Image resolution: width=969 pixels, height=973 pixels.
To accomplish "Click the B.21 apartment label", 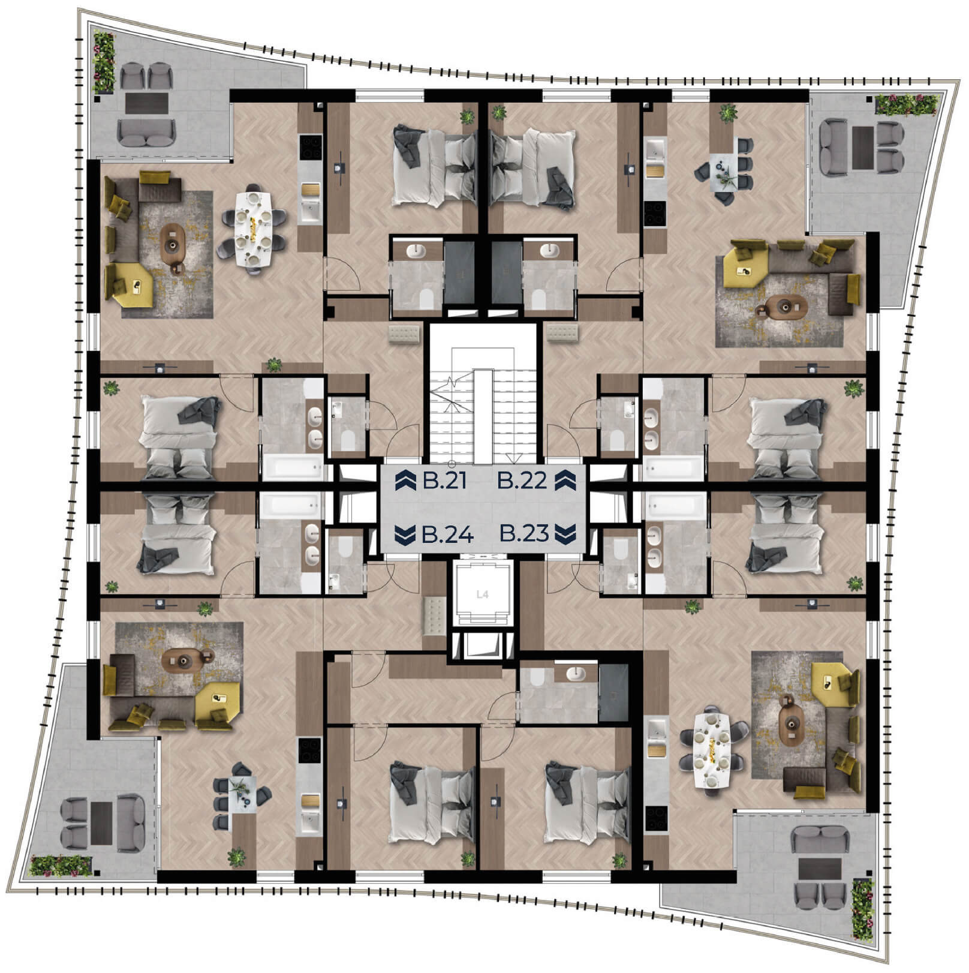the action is pos(444,481).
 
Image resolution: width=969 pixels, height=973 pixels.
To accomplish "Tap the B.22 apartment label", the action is pos(523,481).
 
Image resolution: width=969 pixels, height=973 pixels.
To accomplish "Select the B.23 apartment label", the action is pos(524,533).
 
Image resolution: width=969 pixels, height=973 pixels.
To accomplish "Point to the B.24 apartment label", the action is pos(447,534).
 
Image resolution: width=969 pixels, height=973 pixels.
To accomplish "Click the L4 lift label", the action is pos(482,594).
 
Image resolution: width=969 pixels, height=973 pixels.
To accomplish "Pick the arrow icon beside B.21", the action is pos(406,481).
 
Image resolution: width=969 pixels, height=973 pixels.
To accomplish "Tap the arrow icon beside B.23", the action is pos(565,533).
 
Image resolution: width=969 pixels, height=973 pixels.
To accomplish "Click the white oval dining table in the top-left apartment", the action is pos(254,229).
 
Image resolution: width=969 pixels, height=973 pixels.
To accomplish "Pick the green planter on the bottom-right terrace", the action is pos(863,909).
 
